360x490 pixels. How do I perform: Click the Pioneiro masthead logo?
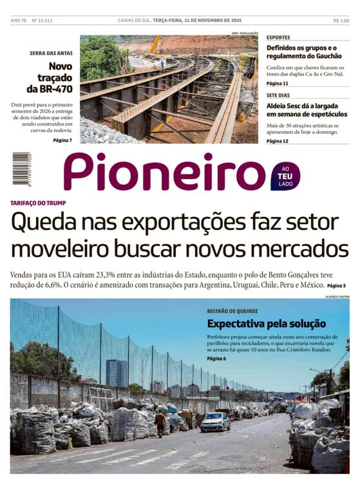click(x=164, y=172)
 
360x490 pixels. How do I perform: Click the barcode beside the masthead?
click(x=21, y=168)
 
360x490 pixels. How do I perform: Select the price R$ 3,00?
click(x=341, y=21)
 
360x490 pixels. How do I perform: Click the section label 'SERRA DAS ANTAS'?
click(x=51, y=53)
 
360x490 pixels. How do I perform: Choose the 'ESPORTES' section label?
click(x=278, y=37)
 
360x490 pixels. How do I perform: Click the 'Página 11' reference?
click(x=278, y=84)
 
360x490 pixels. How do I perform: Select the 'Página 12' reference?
click(x=278, y=140)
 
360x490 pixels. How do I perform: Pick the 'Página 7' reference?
click(x=62, y=140)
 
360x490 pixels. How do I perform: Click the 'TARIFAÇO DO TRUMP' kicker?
click(x=38, y=203)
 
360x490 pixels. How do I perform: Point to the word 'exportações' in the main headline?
click(x=189, y=223)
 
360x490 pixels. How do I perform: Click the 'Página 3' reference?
click(x=336, y=285)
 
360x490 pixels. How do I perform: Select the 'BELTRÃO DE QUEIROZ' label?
click(x=232, y=311)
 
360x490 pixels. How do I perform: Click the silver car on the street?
click(x=215, y=422)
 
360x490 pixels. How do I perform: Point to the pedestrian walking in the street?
click(x=160, y=423)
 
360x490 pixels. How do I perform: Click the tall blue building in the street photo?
click(x=116, y=373)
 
